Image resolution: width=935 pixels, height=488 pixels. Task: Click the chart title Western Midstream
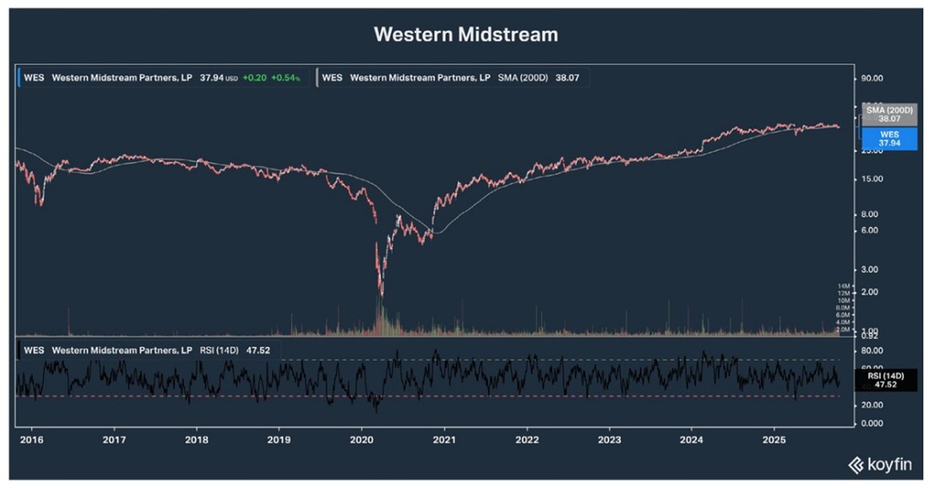465,34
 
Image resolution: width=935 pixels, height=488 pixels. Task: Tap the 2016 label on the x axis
31,439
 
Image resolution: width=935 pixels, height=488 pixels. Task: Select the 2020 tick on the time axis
362,439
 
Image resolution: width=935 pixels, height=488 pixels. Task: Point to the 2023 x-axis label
609,439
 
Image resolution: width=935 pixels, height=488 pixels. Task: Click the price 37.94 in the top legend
211,77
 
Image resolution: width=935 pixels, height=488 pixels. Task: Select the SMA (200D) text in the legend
522,77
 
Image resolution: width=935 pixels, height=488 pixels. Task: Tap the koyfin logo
882,464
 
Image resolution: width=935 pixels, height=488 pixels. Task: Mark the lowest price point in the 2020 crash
381,295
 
